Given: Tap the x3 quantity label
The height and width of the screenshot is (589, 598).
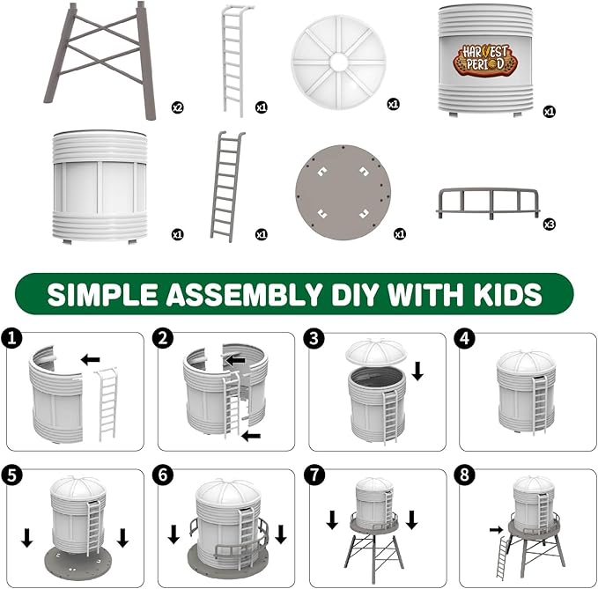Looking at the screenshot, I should pyautogui.click(x=550, y=225).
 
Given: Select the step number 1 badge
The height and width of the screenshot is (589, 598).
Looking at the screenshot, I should pyautogui.click(x=11, y=338).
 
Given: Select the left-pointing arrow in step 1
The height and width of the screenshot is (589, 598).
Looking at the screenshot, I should pyautogui.click(x=90, y=359).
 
